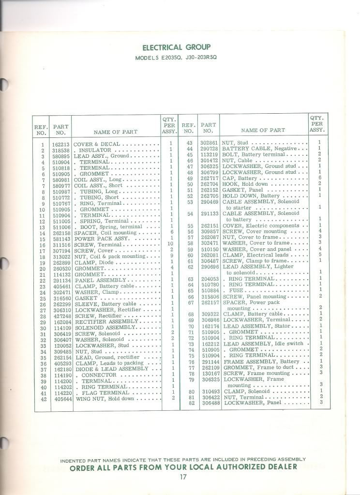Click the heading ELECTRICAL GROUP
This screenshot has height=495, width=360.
[176, 47]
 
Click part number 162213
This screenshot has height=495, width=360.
[61, 145]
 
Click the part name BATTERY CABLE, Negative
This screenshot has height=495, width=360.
[254, 149]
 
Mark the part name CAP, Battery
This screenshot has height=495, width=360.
[240, 178]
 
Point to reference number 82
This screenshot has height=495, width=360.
[191, 403]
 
